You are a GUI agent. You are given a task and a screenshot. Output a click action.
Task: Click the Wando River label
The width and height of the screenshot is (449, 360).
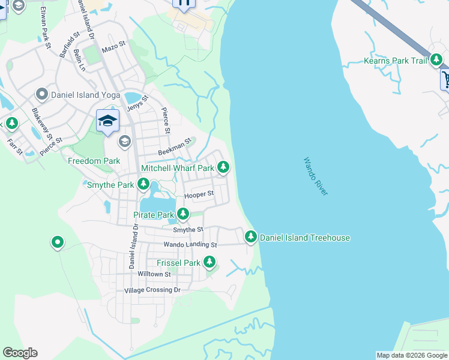point(315,176)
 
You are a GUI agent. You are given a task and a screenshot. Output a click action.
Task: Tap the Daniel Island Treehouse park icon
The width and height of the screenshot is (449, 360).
point(251,238)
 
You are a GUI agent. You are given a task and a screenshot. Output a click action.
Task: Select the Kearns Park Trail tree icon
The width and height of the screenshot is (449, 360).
point(436,61)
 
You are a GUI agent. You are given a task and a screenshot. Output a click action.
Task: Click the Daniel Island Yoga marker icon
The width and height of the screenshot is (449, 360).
point(42,94)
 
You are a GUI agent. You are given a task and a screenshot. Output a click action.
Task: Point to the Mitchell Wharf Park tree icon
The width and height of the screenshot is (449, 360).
point(223,168)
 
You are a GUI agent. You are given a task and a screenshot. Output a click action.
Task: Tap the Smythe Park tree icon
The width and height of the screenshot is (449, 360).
point(144,185)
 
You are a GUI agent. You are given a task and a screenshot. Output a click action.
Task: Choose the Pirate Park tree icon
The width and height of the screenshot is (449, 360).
point(182,214)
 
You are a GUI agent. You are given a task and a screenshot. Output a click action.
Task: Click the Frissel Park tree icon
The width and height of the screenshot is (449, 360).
point(209,262)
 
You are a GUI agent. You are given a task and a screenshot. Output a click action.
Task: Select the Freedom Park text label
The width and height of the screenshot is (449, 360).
point(94,161)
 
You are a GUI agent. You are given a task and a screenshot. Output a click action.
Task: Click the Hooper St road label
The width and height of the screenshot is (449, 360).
point(199,194)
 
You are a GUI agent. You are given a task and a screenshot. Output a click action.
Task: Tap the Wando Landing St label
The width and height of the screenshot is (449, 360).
point(190,245)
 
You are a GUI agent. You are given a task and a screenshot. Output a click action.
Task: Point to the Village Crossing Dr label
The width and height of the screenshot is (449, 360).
point(152,290)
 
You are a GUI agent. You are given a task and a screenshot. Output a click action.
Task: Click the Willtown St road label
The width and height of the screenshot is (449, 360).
point(154,274)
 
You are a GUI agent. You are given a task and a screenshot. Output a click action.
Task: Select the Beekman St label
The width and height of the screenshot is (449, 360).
point(174,148)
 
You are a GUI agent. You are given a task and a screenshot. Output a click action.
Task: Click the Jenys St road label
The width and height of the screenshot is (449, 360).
point(137,107)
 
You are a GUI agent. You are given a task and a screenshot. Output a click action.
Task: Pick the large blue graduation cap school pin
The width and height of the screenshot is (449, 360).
point(107,121)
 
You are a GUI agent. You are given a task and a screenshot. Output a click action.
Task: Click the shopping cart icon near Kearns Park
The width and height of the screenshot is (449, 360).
point(445,79)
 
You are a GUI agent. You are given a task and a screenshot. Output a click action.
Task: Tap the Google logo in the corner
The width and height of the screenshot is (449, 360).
point(20,353)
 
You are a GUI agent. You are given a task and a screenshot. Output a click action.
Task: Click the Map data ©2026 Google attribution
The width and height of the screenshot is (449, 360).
point(411,355)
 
